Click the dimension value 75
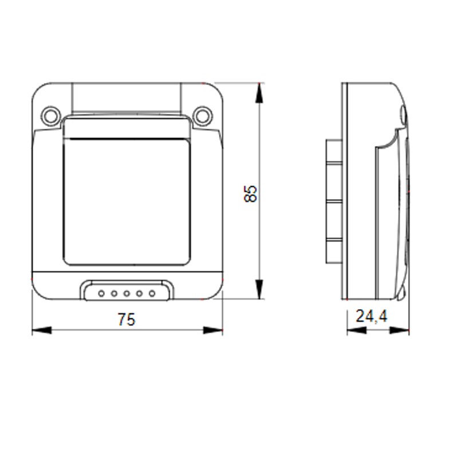(127, 319)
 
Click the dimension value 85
(250, 194)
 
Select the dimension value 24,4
(372, 316)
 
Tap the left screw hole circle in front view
(51, 116)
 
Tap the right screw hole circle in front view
(202, 116)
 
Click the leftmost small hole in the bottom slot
(101, 293)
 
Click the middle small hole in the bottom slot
(127, 293)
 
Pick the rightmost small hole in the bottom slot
(152, 293)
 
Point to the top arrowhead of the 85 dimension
(259, 93)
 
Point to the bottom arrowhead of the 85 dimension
(259, 289)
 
